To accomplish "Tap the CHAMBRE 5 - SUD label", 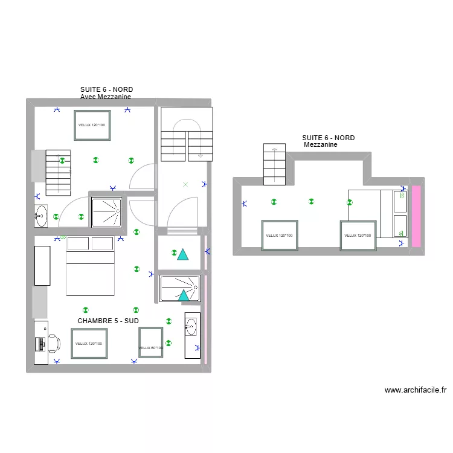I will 108,321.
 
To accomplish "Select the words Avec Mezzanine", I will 106,97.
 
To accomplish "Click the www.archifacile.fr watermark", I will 415,390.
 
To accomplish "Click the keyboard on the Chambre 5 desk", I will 40,344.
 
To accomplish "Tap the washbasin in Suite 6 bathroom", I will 40,213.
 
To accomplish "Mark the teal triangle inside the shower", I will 182,295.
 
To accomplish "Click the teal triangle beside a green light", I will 182,254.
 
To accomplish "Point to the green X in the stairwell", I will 185,184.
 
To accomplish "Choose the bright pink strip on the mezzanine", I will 416,216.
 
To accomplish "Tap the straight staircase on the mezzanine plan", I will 274,164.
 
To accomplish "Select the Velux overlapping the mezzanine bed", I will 358,235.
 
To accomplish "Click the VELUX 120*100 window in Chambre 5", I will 89,344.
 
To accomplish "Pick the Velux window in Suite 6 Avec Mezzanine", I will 92,125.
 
